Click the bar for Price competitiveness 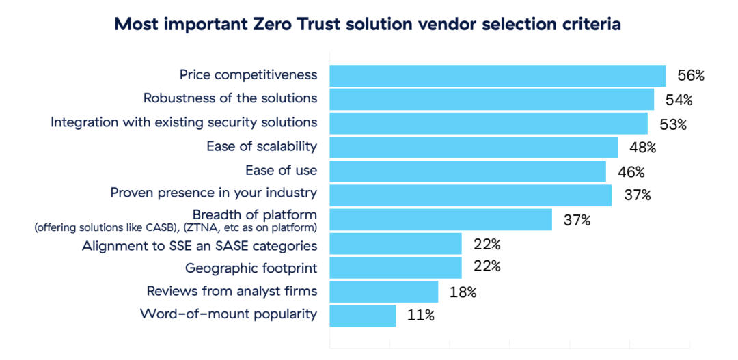point(497,76)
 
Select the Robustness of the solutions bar point(492,100)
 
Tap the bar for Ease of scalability point(474,147)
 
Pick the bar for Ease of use point(467,171)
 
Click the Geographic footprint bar point(396,267)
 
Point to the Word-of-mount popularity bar point(363,315)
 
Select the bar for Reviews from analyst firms point(383,291)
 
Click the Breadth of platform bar point(441,219)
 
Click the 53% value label point(672,125)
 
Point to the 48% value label point(642,148)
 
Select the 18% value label point(463,292)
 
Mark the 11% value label point(421,316)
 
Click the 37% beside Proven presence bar point(637,196)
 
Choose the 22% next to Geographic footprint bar point(487,267)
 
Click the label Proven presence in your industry point(214,193)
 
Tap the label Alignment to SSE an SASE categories point(199,245)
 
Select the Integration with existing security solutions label point(184,122)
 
